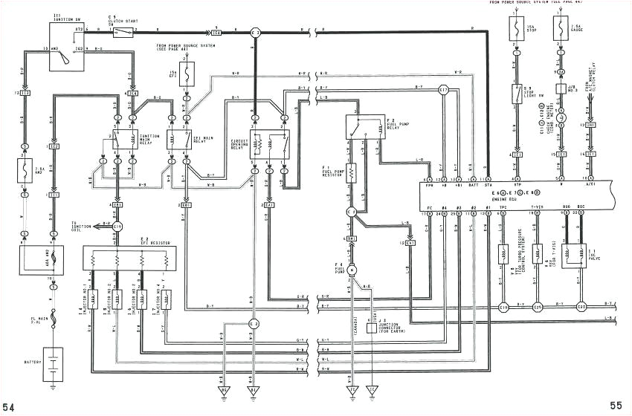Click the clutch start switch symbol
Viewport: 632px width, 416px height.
[x=127, y=33]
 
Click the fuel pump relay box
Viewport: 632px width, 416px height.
[x=366, y=128]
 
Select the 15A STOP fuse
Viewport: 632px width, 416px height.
[x=515, y=30]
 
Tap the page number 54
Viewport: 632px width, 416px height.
[x=10, y=406]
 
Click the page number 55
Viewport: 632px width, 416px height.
[x=615, y=406]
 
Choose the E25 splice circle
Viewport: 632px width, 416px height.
[x=538, y=306]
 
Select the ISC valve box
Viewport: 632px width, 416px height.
[x=575, y=257]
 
